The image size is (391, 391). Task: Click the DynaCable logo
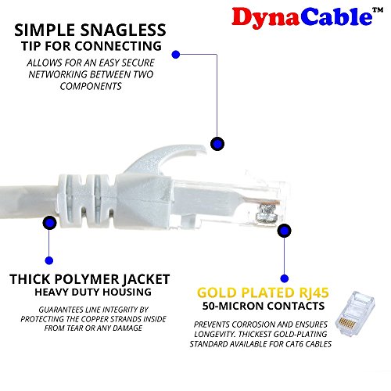[307, 18]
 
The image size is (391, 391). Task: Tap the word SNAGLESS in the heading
[123, 30]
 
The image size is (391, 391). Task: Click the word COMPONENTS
[91, 86]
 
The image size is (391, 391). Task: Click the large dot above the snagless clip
[217, 144]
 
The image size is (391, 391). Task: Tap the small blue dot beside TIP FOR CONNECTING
[176, 55]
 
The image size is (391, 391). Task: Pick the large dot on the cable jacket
[49, 223]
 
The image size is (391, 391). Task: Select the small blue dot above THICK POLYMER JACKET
[49, 260]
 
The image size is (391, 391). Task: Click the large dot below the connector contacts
[284, 231]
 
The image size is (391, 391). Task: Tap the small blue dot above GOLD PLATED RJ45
[285, 278]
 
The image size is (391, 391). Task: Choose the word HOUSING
[127, 292]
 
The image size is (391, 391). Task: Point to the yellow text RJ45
[314, 292]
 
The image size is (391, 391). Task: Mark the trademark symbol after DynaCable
[378, 10]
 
